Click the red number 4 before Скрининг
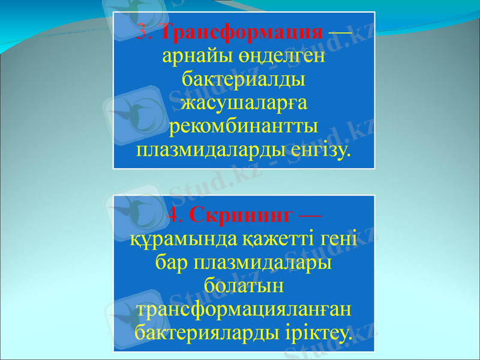click(173, 214)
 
